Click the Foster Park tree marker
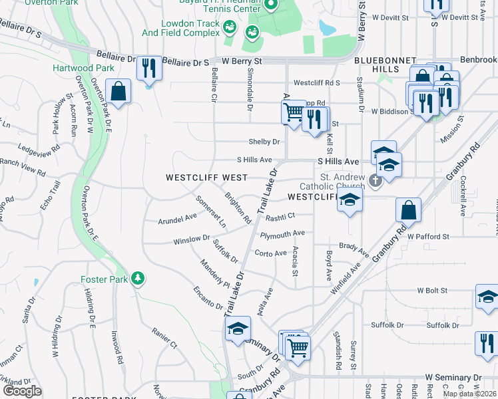click(x=138, y=278)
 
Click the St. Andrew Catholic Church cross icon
click(x=375, y=180)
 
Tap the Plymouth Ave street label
click(x=282, y=233)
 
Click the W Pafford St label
click(x=429, y=236)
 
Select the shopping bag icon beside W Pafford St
click(x=408, y=210)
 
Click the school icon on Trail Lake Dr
click(x=238, y=328)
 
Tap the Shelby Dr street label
click(x=264, y=142)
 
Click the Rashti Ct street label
click(x=280, y=216)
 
